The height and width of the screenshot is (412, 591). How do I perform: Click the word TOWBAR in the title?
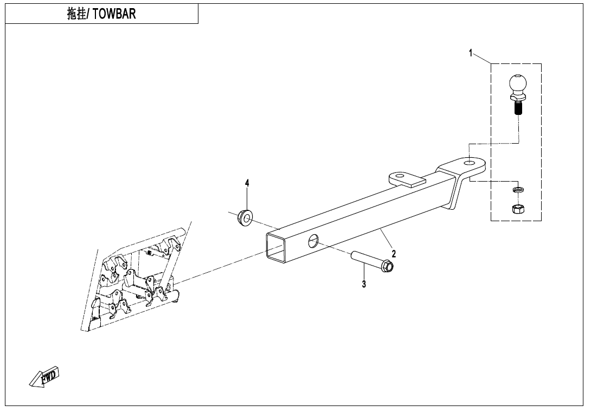click(x=114, y=14)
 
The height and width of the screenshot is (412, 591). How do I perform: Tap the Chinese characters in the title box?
click(x=76, y=14)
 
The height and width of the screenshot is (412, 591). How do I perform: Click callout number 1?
click(x=471, y=53)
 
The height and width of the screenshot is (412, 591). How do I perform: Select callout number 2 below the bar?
click(x=394, y=254)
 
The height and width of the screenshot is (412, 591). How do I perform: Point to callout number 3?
click(x=364, y=284)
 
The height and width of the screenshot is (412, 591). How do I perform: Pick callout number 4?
click(x=247, y=183)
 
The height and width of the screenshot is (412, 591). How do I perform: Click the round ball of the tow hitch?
click(x=517, y=84)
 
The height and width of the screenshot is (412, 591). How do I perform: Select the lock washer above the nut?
click(x=518, y=189)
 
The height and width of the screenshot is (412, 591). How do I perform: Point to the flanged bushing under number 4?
click(x=246, y=218)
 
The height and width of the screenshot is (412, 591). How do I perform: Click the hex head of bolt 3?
click(x=387, y=267)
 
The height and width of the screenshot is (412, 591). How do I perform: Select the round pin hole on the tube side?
click(x=312, y=241)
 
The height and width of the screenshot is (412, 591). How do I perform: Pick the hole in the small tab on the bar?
click(x=400, y=176)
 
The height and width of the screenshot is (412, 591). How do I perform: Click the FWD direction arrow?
click(x=44, y=377)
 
